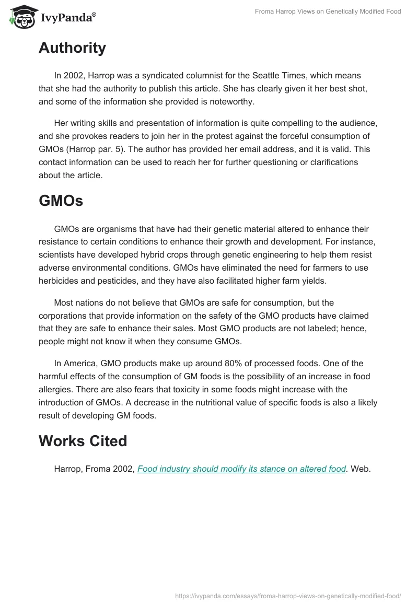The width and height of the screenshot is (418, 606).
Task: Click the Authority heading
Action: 72,48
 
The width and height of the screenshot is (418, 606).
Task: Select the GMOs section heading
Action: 61,201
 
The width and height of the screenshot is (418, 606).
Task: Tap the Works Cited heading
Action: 83,441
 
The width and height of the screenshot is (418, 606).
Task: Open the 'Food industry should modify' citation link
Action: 241,469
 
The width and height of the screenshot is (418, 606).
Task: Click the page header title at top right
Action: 328,11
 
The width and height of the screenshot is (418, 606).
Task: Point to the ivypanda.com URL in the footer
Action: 287,595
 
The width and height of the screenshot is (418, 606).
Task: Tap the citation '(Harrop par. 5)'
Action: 96,149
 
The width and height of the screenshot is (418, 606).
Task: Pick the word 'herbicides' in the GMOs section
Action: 58,281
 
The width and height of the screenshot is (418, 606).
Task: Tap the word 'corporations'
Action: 64,316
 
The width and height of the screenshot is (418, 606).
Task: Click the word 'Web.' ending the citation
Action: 361,469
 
